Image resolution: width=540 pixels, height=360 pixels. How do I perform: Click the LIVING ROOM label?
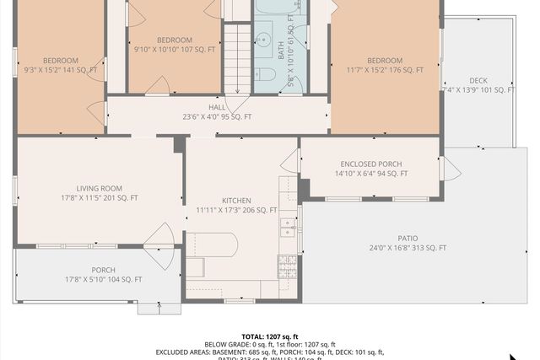click(99, 188)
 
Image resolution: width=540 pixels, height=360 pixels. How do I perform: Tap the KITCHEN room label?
click(236, 200)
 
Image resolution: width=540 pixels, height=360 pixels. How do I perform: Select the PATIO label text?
click(408, 238)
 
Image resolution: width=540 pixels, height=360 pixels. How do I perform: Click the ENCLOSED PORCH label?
click(371, 164)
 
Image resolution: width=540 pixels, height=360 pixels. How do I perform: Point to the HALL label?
click(217, 107)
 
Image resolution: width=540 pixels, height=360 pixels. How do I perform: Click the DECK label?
click(478, 80)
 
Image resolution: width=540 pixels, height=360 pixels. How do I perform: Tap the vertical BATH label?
click(282, 50)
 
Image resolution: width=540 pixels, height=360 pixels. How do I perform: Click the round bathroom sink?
click(263, 40)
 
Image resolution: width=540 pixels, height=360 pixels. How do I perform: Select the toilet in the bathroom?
click(265, 74)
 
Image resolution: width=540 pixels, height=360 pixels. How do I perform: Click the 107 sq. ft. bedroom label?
click(175, 40)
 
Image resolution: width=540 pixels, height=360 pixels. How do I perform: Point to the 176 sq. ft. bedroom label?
click(385, 60)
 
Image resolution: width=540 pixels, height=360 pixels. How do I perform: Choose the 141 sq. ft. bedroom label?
click(61, 60)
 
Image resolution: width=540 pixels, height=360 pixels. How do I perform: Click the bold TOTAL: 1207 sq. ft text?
click(270, 336)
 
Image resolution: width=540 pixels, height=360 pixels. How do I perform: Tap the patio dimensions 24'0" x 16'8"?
click(408, 248)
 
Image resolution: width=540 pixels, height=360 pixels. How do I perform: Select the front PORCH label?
click(104, 270)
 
